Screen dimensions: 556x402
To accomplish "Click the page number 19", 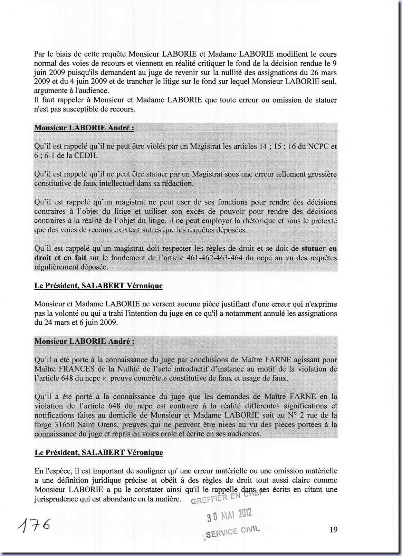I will [333, 529].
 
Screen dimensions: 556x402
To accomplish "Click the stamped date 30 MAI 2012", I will [229, 515].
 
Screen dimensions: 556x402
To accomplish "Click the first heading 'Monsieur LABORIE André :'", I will [84, 128].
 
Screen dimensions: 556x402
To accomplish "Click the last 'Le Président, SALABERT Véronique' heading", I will [99, 452].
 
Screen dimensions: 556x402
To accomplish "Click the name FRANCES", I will [78, 369].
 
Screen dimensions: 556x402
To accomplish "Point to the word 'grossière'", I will [321, 174].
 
